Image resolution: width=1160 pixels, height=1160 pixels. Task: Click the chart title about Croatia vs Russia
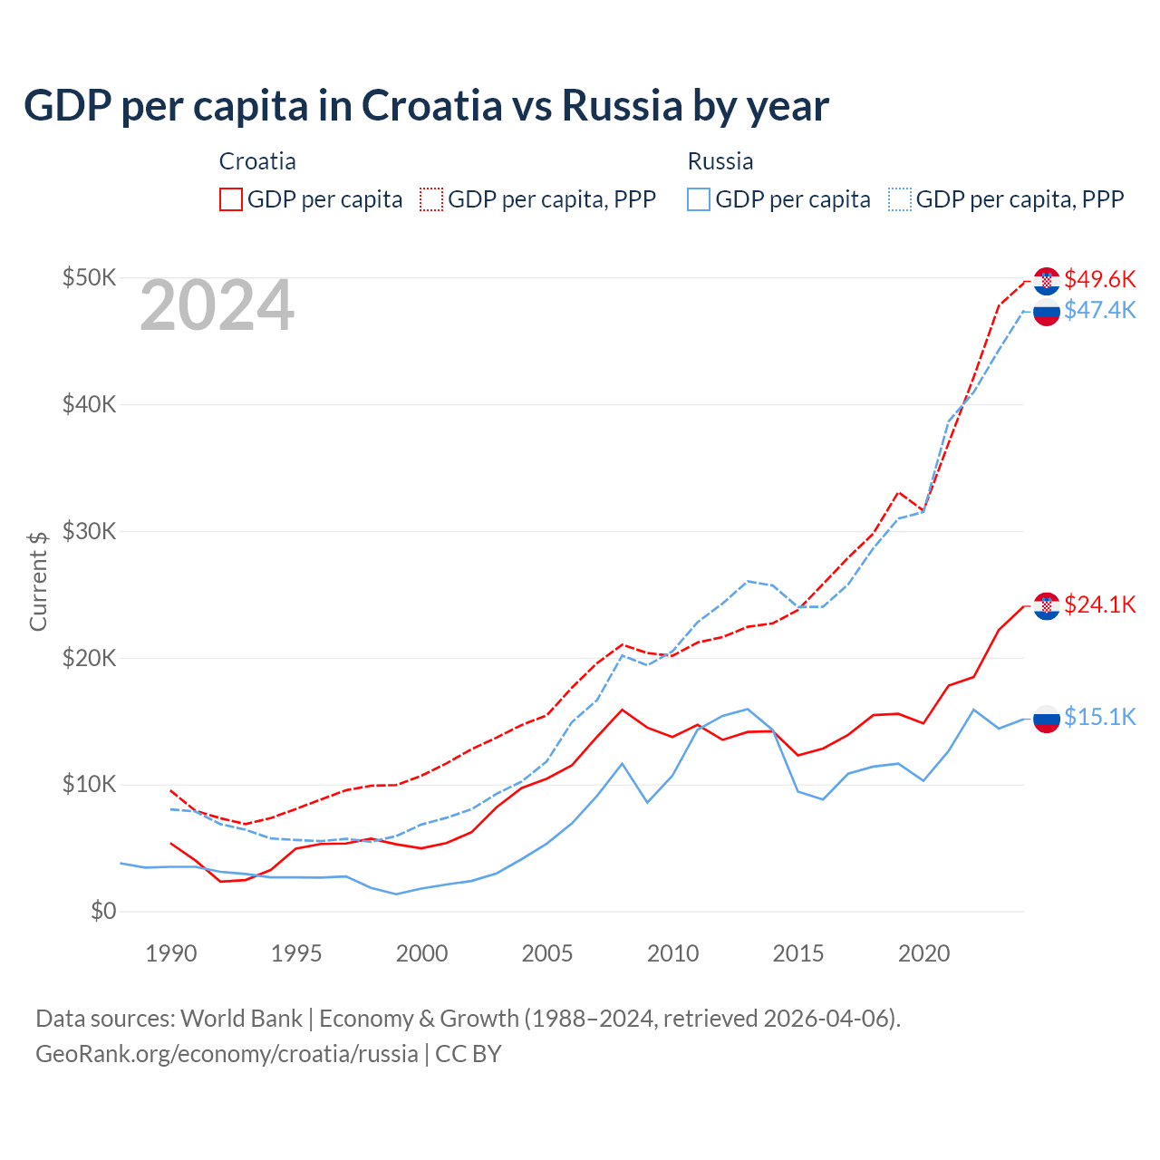(426, 106)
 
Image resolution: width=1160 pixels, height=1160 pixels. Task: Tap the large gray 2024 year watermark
(217, 305)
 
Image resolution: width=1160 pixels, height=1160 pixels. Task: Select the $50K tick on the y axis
(89, 277)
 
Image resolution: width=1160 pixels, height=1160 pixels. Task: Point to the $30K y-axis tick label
(89, 531)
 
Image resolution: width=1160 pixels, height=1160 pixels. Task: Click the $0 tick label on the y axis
(103, 911)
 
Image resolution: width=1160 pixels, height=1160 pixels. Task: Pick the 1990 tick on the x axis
(171, 953)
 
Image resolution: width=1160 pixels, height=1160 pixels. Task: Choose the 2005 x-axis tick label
(547, 953)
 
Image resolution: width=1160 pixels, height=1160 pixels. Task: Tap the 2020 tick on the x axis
(923, 953)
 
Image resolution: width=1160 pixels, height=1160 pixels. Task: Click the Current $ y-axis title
(38, 581)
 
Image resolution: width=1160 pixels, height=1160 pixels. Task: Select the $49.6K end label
(1099, 279)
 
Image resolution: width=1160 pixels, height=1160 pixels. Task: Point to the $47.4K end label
(1099, 310)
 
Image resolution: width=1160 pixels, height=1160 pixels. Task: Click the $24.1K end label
(1099, 604)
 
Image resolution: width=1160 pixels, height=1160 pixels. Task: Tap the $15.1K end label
(1099, 717)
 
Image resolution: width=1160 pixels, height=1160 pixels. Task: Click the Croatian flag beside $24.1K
(1047, 605)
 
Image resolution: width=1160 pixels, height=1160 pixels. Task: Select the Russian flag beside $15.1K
(1047, 719)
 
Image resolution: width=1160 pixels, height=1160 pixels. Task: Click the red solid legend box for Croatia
(231, 199)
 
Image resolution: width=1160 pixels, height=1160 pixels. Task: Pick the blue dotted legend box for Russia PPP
(900, 199)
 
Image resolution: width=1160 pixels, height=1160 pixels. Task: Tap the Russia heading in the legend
(720, 161)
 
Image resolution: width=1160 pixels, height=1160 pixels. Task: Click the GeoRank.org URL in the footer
(227, 1054)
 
